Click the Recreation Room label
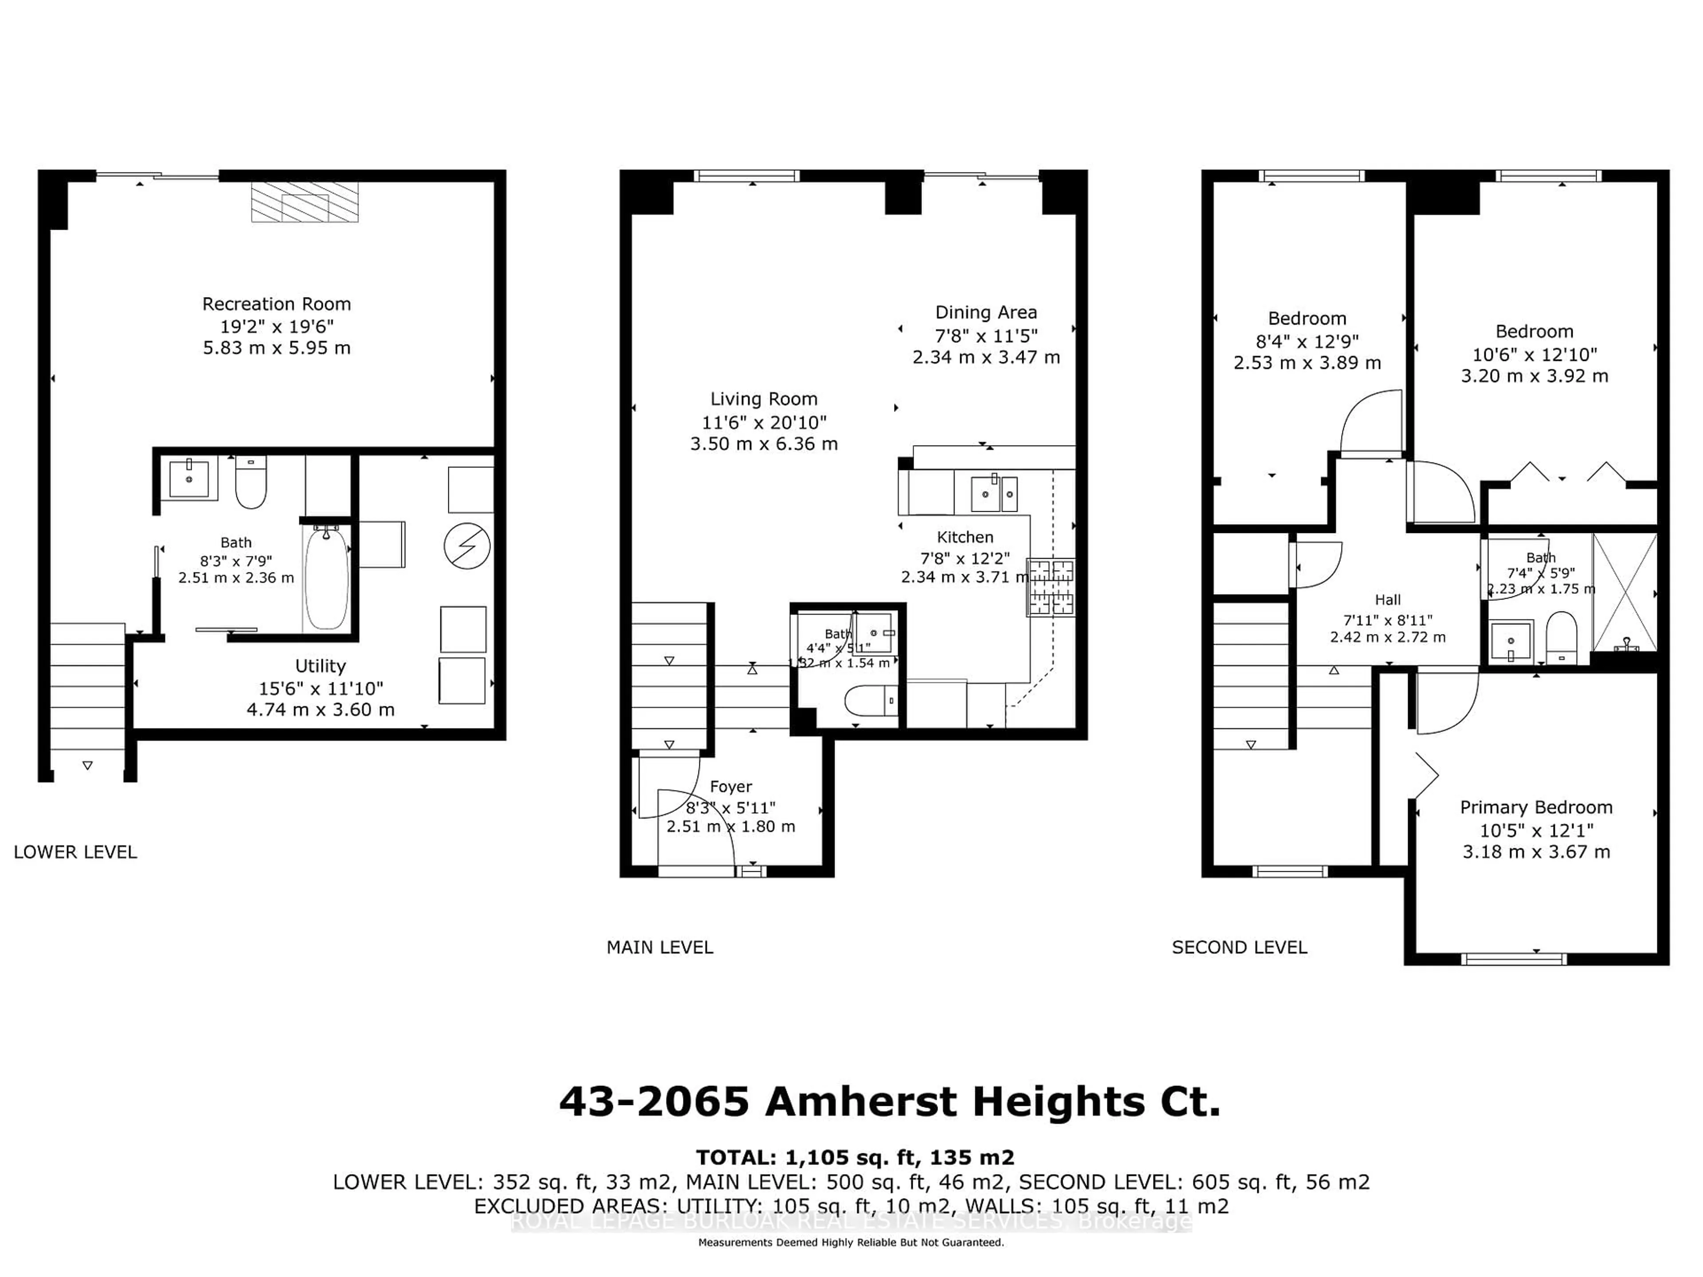(x=276, y=304)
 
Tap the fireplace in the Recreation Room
(x=305, y=203)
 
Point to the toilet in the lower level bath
(x=250, y=482)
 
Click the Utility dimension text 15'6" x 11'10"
(x=320, y=688)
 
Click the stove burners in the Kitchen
(x=1052, y=587)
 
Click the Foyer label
(x=730, y=787)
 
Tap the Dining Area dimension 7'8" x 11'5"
(x=986, y=336)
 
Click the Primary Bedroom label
(x=1536, y=807)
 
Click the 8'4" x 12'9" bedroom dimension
(x=1307, y=341)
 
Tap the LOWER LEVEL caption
(x=75, y=852)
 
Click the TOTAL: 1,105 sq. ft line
(x=855, y=1158)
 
